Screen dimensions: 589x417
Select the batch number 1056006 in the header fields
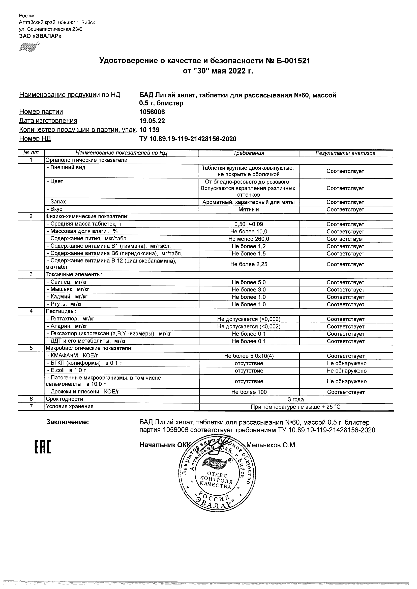(x=152, y=112)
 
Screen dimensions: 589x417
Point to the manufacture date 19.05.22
(x=152, y=121)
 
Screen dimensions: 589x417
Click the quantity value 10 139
(x=149, y=130)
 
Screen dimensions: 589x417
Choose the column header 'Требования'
(x=248, y=153)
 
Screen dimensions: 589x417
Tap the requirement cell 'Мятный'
(x=248, y=210)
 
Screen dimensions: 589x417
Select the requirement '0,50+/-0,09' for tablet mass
(x=248, y=224)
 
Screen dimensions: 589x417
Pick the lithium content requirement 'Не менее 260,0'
(x=248, y=239)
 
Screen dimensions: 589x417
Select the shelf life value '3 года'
(x=296, y=399)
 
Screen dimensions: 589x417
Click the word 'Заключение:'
(x=67, y=422)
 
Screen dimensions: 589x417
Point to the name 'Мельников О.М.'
(x=271, y=445)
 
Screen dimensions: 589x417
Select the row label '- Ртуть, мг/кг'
(x=65, y=304)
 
